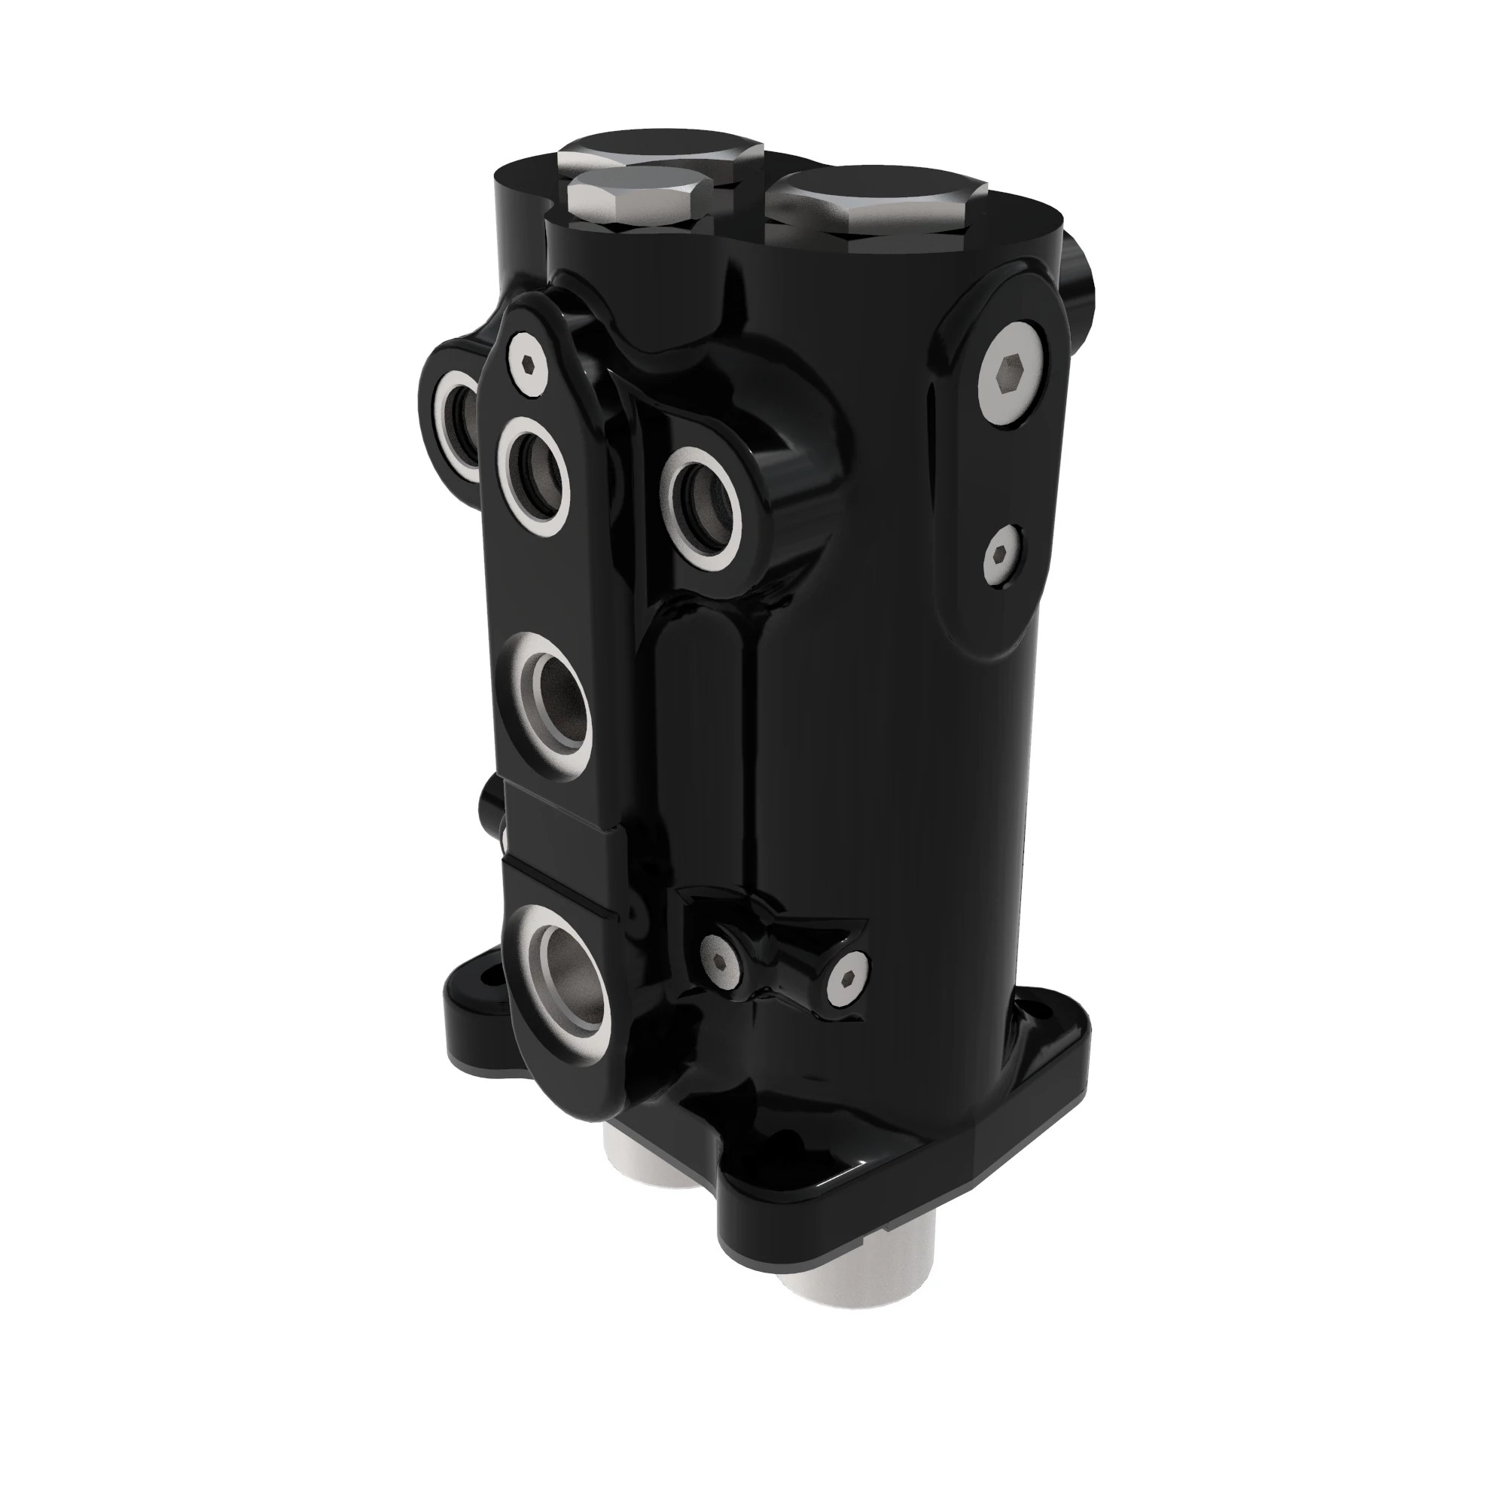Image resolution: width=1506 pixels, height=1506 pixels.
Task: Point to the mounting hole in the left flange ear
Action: pyautogui.click(x=488, y=974)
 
